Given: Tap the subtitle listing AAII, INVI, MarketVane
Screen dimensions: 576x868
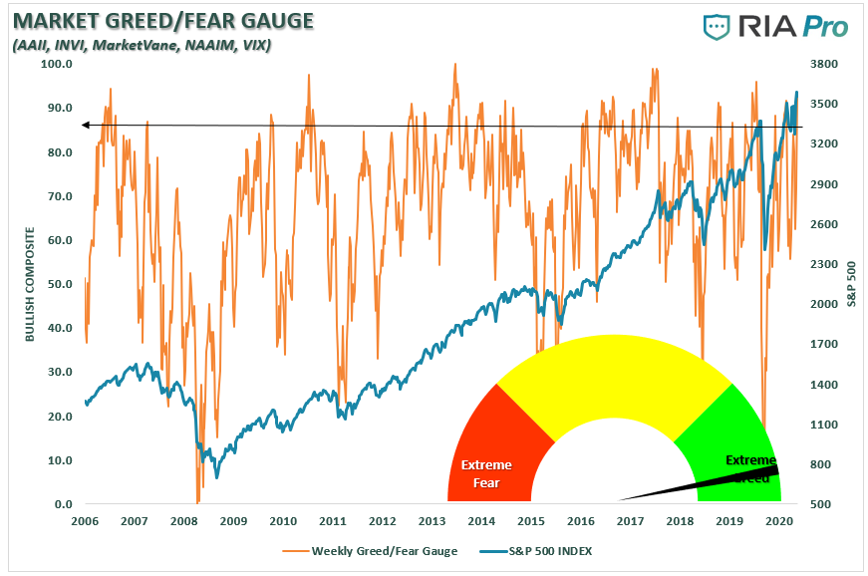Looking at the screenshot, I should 140,45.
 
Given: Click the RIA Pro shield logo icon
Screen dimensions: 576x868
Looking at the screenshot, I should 717,27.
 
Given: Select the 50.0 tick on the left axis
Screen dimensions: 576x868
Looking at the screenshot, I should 60,284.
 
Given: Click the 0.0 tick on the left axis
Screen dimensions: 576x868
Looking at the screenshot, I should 63,504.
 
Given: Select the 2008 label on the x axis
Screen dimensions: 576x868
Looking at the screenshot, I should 183,521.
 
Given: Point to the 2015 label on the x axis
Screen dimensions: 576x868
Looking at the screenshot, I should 530,521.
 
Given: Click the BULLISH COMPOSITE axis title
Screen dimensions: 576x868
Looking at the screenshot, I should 30,284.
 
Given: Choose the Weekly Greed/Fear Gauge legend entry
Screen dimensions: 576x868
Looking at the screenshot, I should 375,550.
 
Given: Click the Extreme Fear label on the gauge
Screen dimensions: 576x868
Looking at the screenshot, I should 486,473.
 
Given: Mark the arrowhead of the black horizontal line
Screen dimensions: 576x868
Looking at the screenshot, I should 86,125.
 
